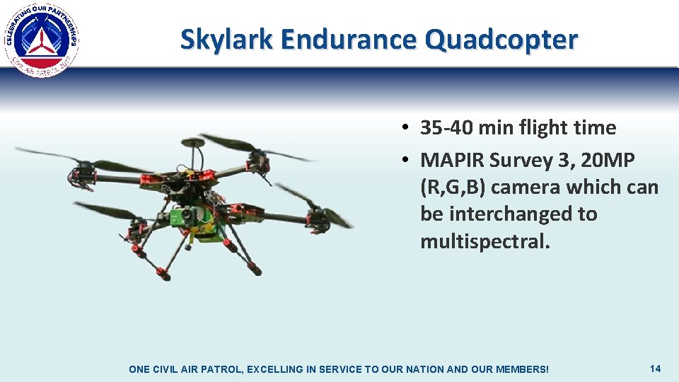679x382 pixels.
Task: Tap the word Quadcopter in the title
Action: pos(501,40)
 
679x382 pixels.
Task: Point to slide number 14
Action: pos(655,369)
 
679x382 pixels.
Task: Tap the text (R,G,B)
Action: pos(453,187)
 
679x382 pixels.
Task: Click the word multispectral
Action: pos(484,241)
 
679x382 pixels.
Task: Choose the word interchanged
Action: pos(524,214)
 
